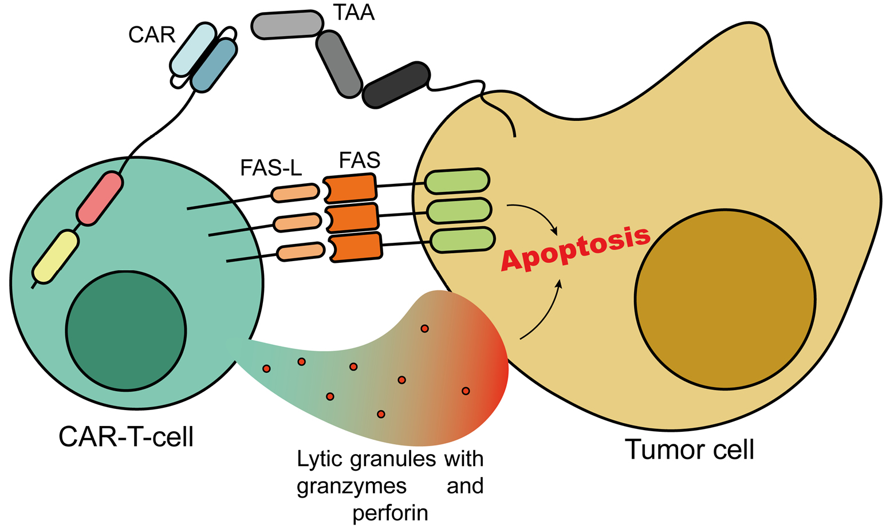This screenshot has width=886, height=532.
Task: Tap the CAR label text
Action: tap(151, 35)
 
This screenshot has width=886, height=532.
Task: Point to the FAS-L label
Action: tap(271, 168)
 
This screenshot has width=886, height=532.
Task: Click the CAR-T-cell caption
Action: tap(126, 437)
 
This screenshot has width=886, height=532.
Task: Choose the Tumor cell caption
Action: tap(689, 450)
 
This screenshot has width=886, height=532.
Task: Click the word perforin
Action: tap(390, 513)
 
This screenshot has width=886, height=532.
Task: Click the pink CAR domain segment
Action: tap(100, 198)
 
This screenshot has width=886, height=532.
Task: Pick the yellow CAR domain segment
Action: tap(56, 257)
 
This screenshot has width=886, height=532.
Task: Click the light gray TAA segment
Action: tap(288, 25)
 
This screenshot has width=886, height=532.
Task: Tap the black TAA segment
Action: tap(397, 84)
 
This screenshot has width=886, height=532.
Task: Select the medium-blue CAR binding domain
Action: tap(214, 65)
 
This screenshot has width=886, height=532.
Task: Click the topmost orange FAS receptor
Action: tap(350, 188)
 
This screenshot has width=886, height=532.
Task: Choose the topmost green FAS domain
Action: tap(457, 180)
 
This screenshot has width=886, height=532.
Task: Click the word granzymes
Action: tap(352, 486)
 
